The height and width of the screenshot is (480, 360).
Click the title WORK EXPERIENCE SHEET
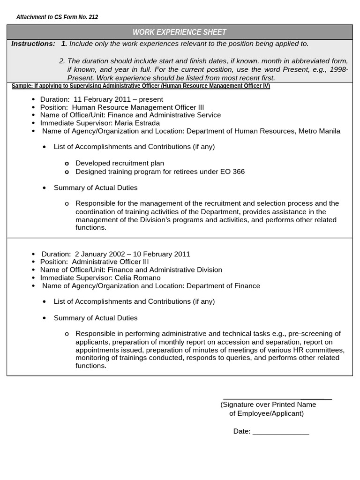pyautogui.click(x=180, y=32)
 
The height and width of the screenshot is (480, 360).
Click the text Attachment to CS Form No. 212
pyautogui.click(x=57, y=17)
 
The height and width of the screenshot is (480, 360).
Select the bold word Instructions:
pyautogui.click(x=33, y=44)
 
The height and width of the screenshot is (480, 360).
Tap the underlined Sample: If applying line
pyautogui.click(x=141, y=86)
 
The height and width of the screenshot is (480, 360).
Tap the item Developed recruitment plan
pyautogui.click(x=120, y=163)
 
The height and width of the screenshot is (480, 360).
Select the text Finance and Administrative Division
pyautogui.click(x=165, y=270)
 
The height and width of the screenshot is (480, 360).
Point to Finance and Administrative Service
pyautogui.click(x=164, y=115)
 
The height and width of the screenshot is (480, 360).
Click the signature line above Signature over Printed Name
pyautogui.click(x=277, y=398)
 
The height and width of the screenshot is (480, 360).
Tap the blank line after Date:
pyautogui.click(x=281, y=434)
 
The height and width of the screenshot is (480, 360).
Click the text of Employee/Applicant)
pyautogui.click(x=266, y=413)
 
